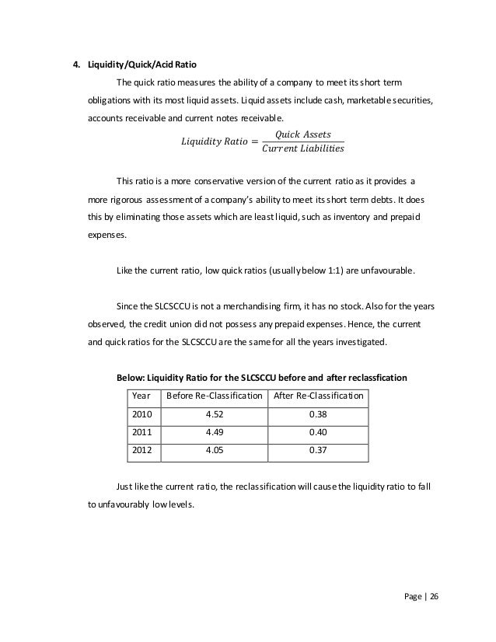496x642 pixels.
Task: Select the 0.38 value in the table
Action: (x=317, y=415)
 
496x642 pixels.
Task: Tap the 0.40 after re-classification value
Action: (x=317, y=432)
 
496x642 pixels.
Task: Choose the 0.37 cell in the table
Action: (x=317, y=450)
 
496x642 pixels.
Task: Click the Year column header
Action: (x=142, y=397)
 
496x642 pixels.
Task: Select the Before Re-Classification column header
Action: (x=211, y=397)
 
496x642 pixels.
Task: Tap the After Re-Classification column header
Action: (x=317, y=397)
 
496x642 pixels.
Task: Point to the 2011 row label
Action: (x=144, y=432)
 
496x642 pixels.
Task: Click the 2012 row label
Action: (x=144, y=450)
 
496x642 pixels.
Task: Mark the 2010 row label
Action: (x=144, y=415)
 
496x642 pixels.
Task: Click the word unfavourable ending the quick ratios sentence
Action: (x=387, y=272)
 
